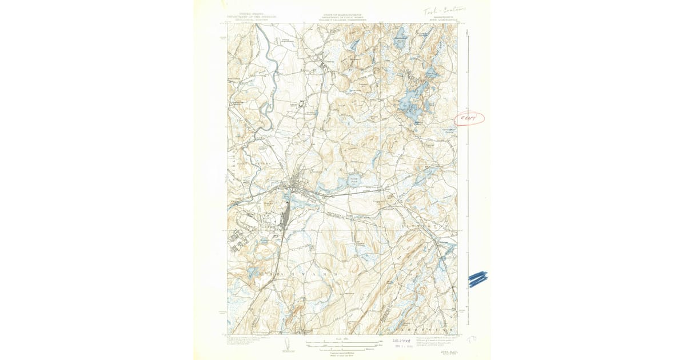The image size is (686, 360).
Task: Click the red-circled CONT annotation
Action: coord(469,118)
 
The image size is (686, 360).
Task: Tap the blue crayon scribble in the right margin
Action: coord(477,278)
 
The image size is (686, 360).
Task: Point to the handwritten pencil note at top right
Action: coord(445,10)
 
